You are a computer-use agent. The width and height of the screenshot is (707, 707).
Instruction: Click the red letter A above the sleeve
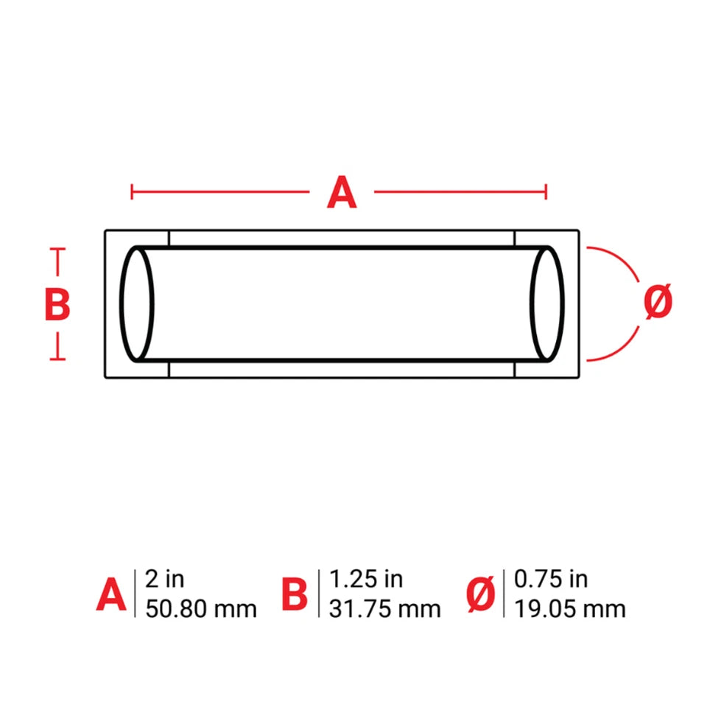pos(342,192)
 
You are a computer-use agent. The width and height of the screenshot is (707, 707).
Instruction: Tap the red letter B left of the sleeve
pos(57,304)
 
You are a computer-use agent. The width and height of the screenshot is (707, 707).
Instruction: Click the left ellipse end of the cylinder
pos(122,304)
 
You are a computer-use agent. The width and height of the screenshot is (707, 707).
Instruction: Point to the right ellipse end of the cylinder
pos(562,304)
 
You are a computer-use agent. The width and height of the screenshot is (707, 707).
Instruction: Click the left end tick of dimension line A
pos(132,191)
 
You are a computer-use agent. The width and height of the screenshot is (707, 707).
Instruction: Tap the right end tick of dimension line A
pos(546,191)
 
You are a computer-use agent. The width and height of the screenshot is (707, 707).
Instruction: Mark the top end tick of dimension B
pos(57,249)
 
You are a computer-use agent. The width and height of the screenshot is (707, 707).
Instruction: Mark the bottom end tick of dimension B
pos(57,359)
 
